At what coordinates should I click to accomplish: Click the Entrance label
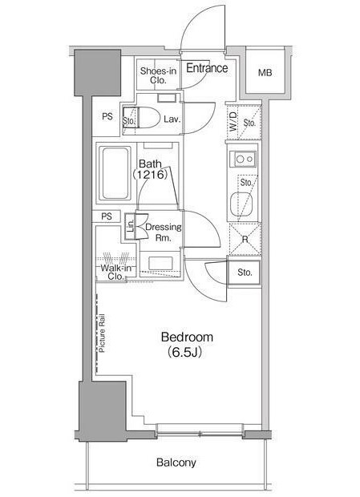207,68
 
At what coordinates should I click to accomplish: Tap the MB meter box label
265,73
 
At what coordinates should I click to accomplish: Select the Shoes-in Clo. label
158,75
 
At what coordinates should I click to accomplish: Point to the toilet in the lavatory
150,118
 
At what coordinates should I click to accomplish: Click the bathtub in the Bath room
115,173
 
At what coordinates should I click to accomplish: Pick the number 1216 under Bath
150,174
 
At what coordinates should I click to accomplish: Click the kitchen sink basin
241,203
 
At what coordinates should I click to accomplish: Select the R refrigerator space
245,239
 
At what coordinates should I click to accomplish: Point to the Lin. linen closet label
130,227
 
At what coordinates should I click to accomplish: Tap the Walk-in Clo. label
115,272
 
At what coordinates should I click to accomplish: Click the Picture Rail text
102,333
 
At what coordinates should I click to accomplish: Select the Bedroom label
187,337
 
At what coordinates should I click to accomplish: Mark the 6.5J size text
184,352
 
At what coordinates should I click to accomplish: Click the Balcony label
176,463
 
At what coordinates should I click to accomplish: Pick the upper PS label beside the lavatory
107,117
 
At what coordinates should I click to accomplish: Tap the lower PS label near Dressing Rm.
107,216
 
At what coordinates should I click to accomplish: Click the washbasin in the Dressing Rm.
160,264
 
